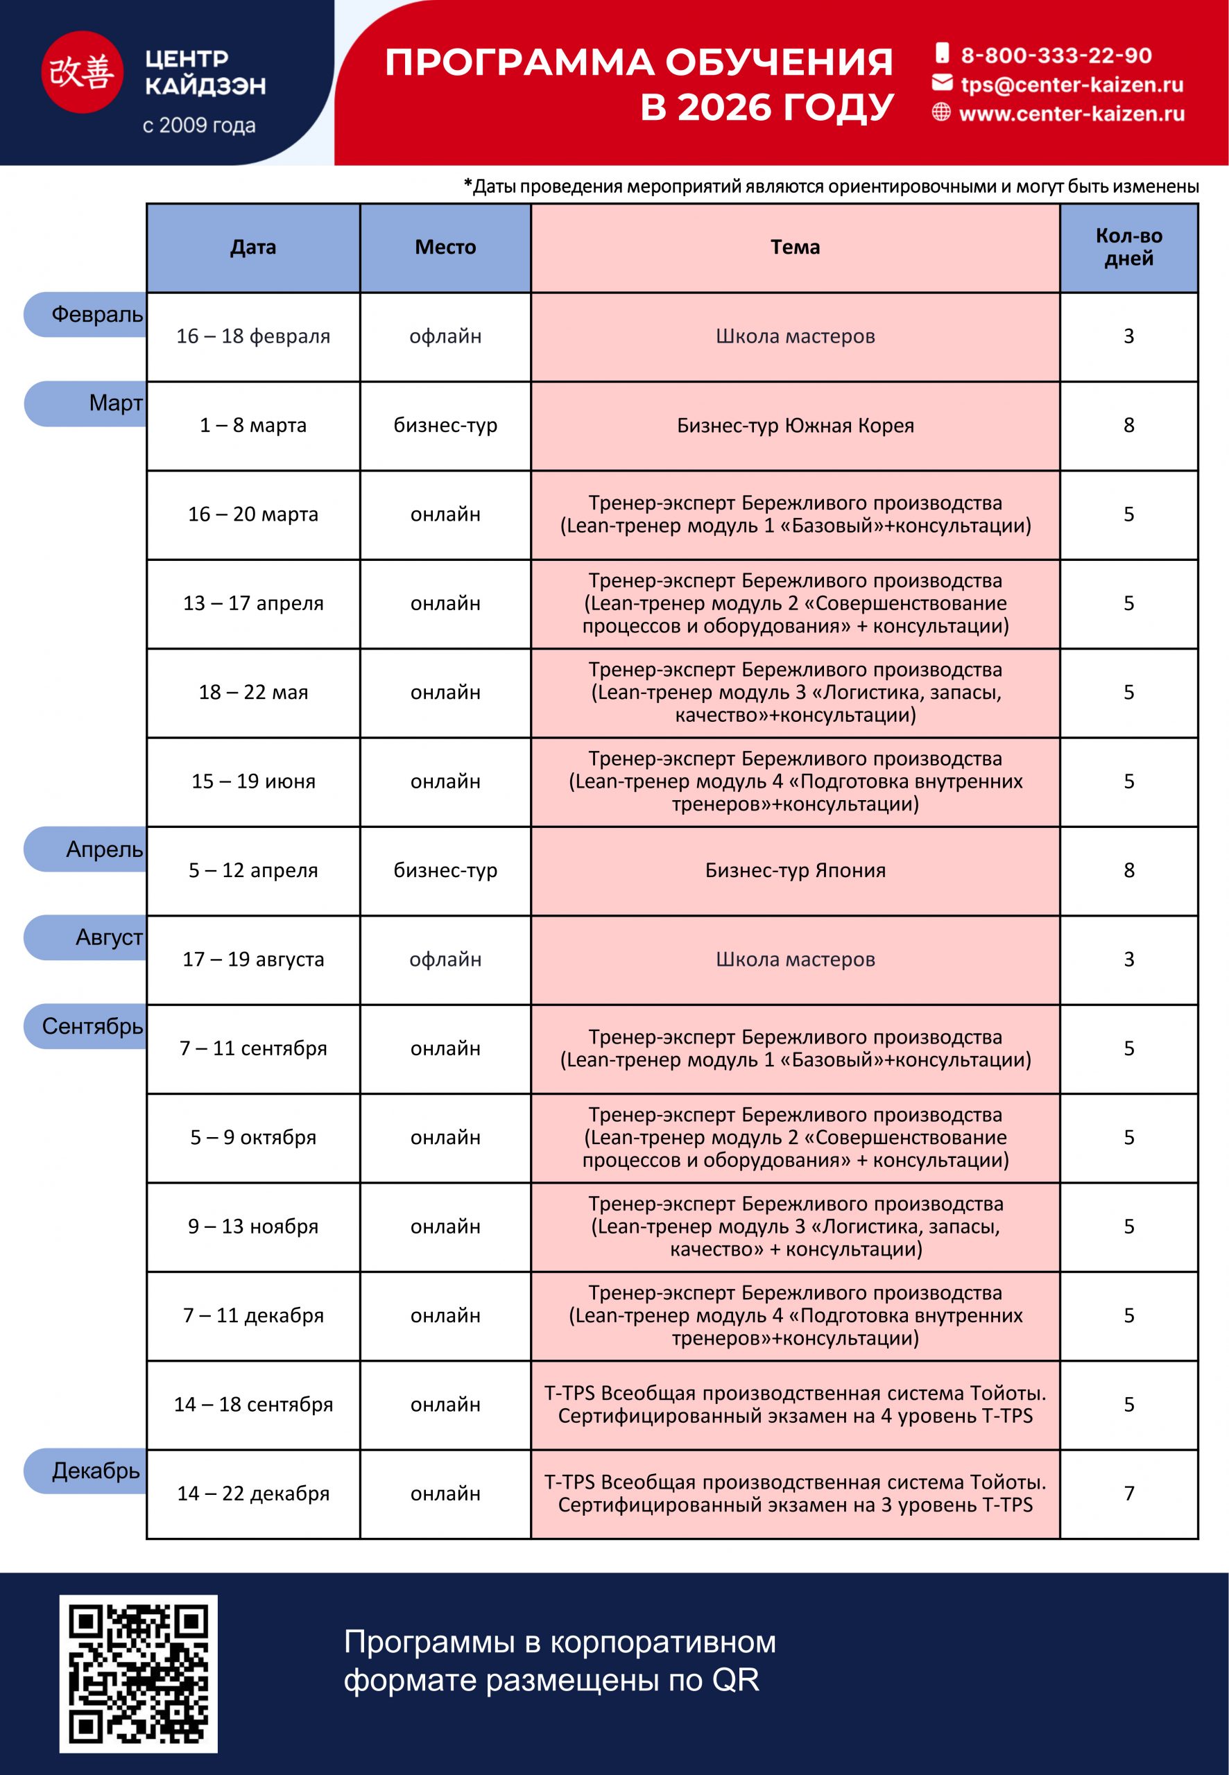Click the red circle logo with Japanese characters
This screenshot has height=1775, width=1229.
coord(82,72)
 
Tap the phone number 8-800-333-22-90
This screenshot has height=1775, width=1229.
coord(1055,55)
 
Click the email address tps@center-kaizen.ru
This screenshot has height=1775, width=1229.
coord(1071,85)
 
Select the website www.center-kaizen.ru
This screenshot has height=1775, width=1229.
coord(1071,114)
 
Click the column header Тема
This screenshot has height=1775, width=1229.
coord(795,247)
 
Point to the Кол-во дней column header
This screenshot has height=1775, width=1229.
coord(1128,247)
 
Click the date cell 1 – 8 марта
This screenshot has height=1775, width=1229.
coord(253,425)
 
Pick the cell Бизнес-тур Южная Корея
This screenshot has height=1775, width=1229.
coord(795,425)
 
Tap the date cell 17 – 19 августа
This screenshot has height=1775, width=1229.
coord(253,959)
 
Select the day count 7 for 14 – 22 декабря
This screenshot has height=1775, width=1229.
coord(1128,1493)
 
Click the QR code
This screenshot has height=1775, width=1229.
coord(139,1673)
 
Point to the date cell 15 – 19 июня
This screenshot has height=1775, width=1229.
coord(253,781)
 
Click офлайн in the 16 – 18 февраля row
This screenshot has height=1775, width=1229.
coord(445,336)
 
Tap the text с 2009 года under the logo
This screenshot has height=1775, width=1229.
coord(198,125)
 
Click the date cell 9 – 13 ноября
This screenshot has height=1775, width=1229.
coord(253,1226)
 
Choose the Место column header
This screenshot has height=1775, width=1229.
coord(445,247)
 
